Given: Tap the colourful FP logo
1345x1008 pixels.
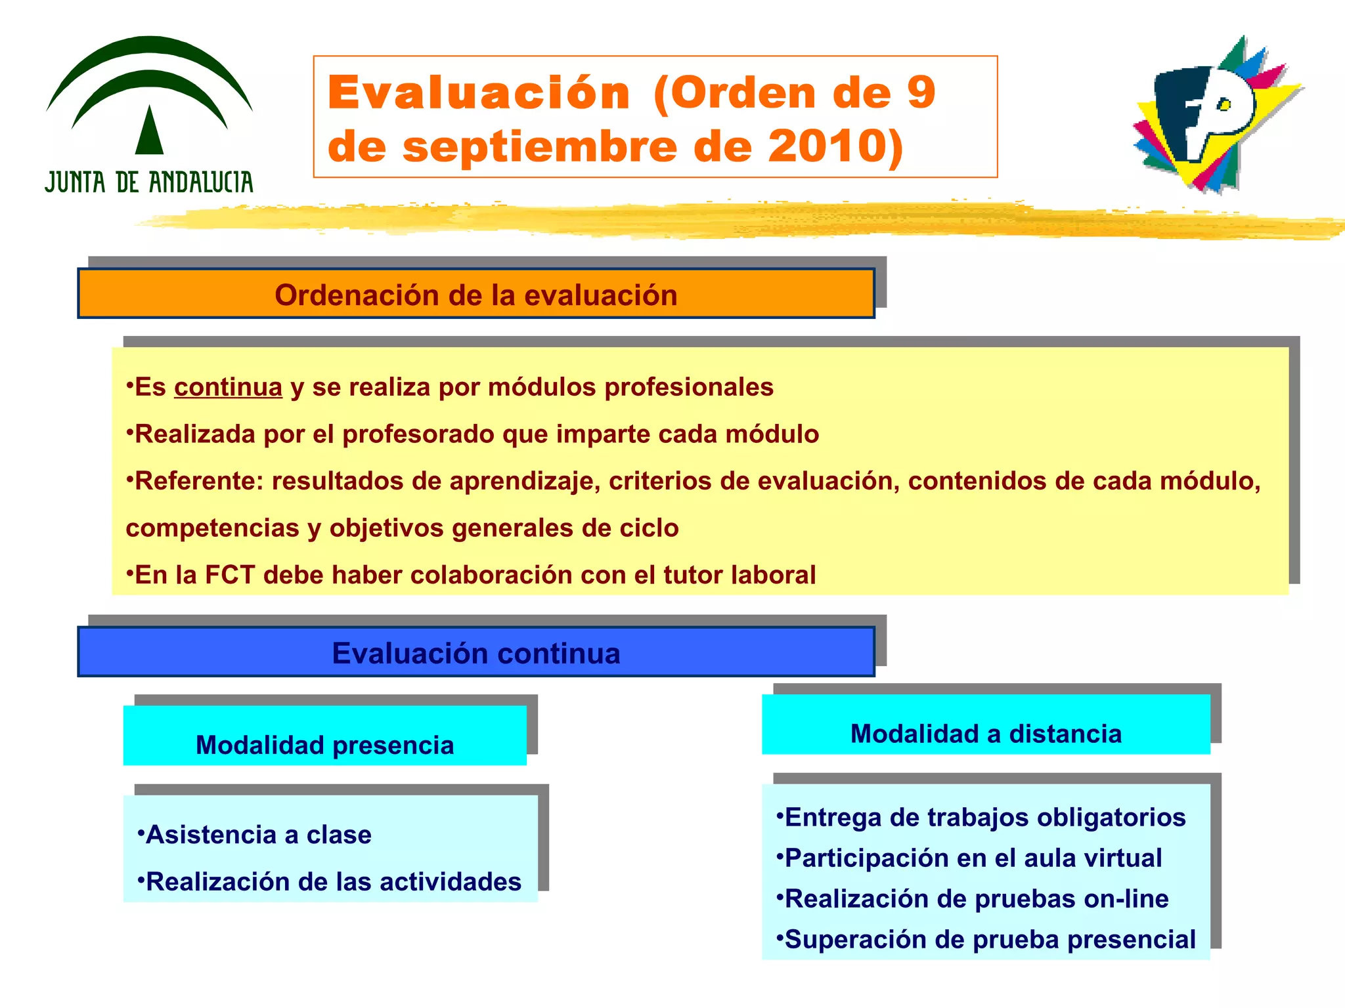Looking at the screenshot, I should [1215, 115].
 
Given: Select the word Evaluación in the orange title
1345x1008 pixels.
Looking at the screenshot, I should [479, 93].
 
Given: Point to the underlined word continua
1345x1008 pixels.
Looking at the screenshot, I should [228, 387].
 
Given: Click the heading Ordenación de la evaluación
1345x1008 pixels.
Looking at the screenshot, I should [475, 295].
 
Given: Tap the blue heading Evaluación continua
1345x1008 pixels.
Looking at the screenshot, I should [475, 654].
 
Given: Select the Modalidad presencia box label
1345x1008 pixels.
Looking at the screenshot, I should [324, 745].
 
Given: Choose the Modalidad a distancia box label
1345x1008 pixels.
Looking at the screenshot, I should [986, 734].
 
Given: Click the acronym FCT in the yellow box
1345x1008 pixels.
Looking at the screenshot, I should [230, 575].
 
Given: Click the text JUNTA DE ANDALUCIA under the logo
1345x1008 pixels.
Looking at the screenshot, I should [149, 182].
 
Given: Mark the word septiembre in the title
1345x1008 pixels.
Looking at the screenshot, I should [539, 146].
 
